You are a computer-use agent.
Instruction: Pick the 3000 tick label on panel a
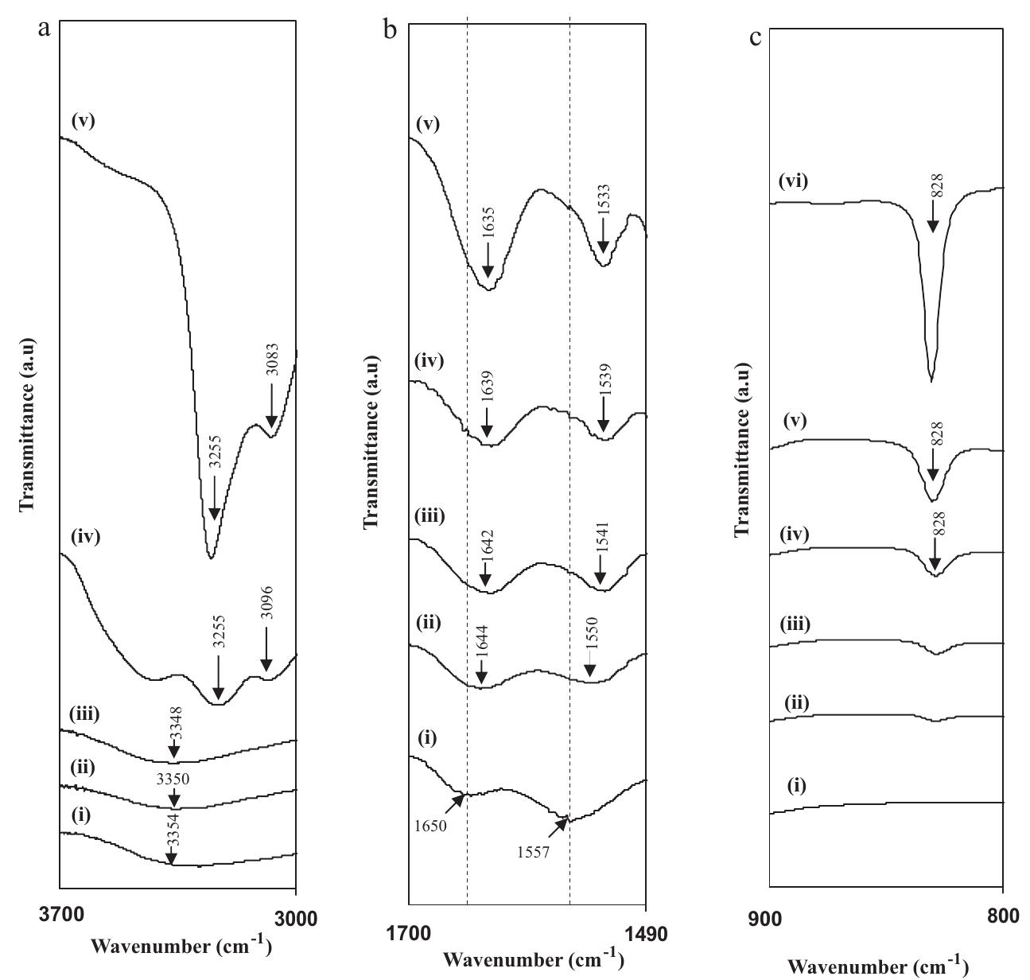click(x=295, y=917)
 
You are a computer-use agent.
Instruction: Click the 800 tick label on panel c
click(x=1003, y=917)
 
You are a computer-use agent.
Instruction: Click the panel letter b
click(x=390, y=32)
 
